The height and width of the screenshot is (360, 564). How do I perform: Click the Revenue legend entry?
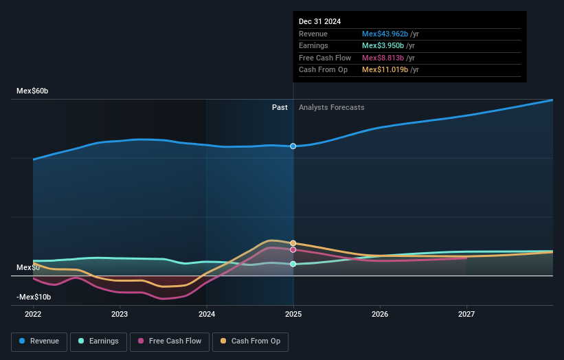pos(39,341)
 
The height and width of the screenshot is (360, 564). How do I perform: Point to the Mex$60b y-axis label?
pos(32,91)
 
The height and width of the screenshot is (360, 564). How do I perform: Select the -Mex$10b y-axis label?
pos(33,297)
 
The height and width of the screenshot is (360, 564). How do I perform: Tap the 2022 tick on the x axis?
pos(33,315)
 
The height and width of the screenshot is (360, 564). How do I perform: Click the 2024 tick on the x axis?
pos(206,315)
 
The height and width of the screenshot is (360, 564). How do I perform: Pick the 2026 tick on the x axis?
pos(380,315)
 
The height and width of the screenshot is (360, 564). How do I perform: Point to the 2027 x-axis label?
pos(466,315)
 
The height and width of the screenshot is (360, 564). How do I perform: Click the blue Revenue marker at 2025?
pos(293,146)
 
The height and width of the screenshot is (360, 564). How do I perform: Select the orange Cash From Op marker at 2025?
pos(293,243)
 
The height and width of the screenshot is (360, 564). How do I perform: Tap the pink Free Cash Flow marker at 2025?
pos(293,250)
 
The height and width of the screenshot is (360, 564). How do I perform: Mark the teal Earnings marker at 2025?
pos(293,264)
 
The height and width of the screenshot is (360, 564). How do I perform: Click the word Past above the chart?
pos(280,107)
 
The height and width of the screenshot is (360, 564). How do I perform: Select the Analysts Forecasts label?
pos(331,107)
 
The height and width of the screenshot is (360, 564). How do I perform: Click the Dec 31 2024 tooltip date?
pos(319,22)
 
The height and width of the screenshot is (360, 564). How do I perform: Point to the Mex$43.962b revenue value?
pos(385,34)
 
